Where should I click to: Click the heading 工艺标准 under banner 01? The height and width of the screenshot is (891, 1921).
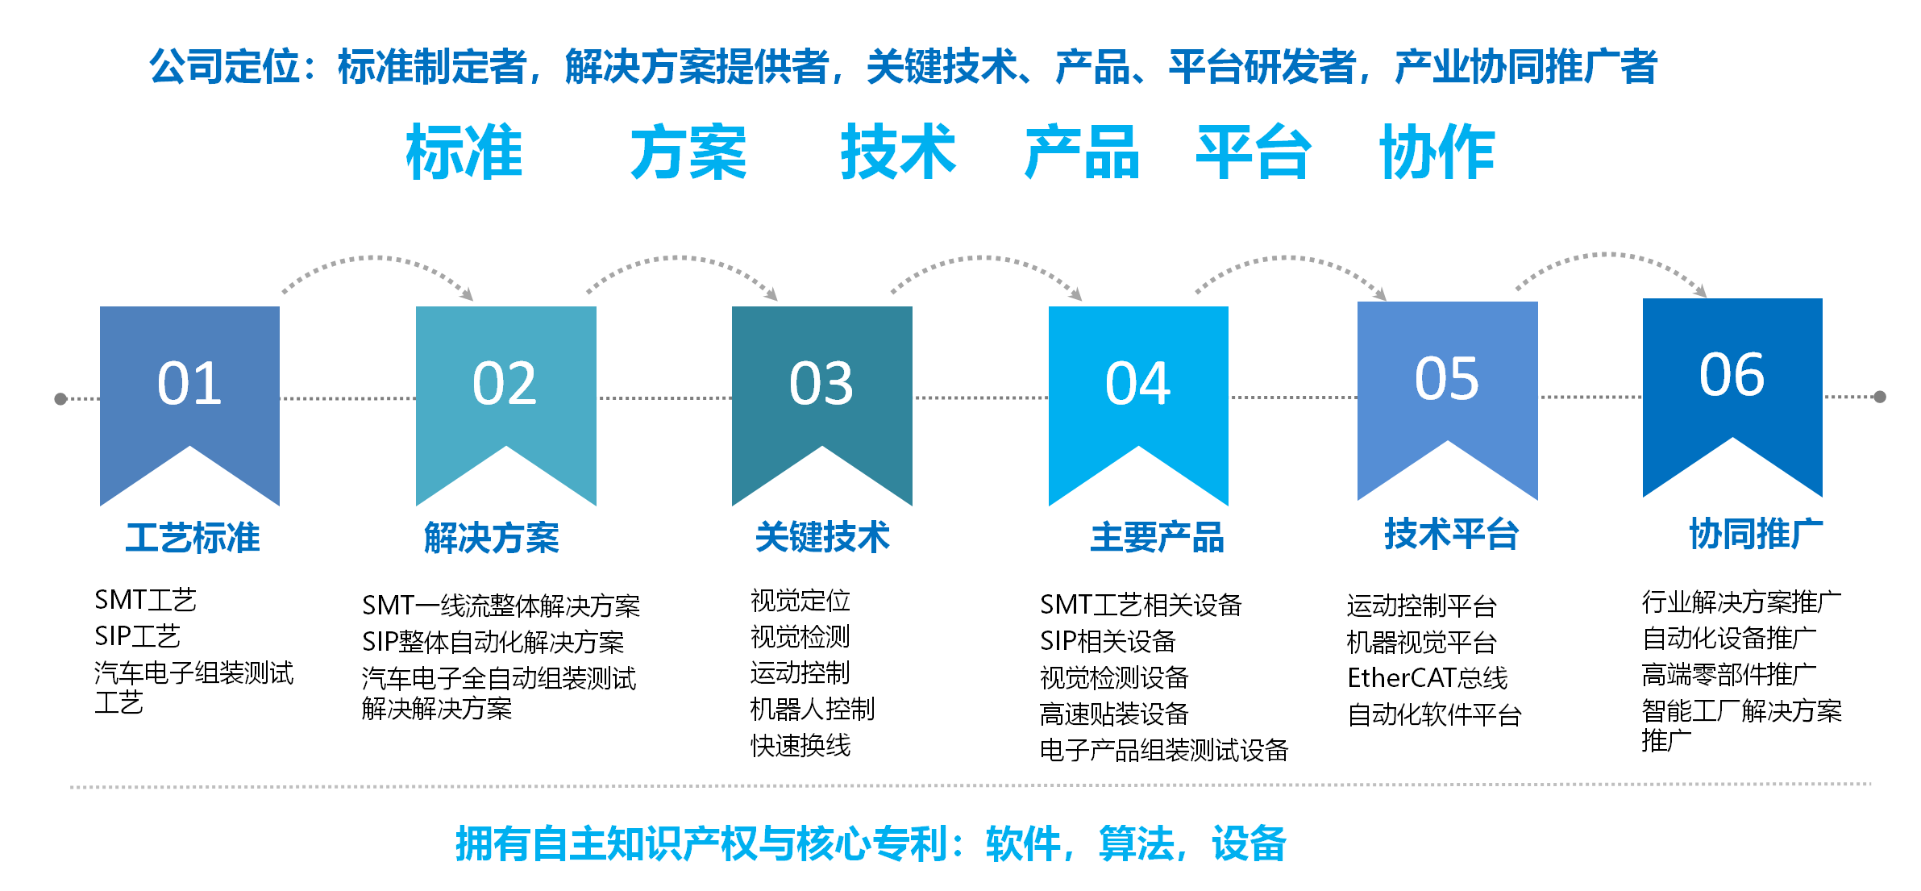[193, 538]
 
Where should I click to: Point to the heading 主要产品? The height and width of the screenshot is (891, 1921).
[1157, 538]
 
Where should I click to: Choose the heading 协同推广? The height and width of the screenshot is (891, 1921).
[1756, 534]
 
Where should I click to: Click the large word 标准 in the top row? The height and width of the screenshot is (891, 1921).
[464, 152]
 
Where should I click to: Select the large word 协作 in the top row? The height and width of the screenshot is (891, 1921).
[1437, 152]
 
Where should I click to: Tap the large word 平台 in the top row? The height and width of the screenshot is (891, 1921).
[1254, 152]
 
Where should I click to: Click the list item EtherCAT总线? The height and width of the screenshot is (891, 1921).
[1427, 678]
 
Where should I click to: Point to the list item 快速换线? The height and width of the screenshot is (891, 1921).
[800, 746]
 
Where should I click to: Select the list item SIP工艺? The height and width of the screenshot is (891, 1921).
[137, 636]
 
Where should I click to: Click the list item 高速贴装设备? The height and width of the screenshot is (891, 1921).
[1114, 714]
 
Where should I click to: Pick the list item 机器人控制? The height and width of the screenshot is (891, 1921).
[813, 710]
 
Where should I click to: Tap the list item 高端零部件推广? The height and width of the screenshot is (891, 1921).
[1729, 674]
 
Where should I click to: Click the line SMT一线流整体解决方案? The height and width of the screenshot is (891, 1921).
[501, 606]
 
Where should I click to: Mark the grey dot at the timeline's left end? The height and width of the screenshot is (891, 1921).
[60, 398]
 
